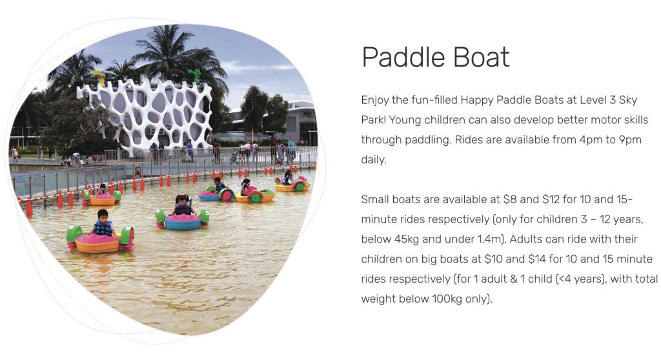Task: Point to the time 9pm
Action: point(630,141)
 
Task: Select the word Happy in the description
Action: point(476,101)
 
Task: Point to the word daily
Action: point(374,160)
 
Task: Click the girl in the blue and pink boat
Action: point(183,205)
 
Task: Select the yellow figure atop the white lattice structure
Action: point(100,78)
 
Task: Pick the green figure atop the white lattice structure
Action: point(195,76)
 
